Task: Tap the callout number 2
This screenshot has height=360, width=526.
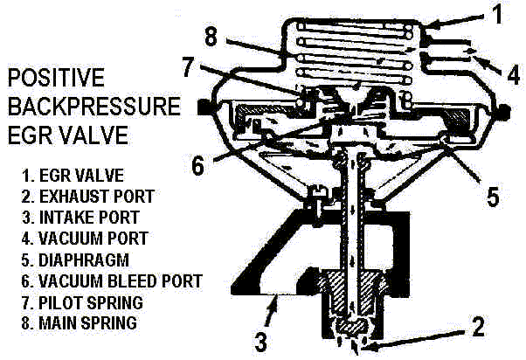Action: (x=477, y=328)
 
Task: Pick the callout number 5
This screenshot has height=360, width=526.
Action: (x=493, y=196)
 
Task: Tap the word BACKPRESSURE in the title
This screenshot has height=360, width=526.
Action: (x=94, y=107)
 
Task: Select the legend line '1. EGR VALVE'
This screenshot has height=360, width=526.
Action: (x=72, y=176)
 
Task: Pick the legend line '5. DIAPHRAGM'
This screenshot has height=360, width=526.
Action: (x=75, y=260)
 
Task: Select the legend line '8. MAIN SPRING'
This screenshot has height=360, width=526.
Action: (x=78, y=322)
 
